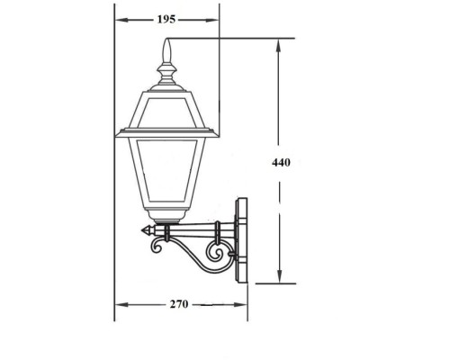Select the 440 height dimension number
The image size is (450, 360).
283,163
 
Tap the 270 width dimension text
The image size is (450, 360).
179,304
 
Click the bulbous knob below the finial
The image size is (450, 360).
166,68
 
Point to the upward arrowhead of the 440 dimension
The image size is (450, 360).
283,43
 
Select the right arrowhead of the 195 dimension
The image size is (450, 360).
216,19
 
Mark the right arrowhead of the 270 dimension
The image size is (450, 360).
245,304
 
